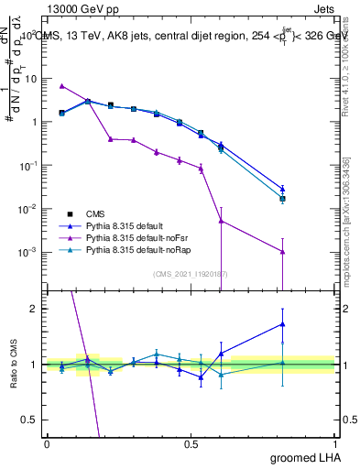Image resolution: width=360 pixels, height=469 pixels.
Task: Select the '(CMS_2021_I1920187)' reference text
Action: [x=191, y=272]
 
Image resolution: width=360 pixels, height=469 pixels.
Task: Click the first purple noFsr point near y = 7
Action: [x=61, y=86]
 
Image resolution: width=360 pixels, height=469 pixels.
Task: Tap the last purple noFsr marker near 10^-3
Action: [x=283, y=252]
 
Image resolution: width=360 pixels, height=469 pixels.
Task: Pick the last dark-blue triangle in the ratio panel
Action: [x=283, y=323]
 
